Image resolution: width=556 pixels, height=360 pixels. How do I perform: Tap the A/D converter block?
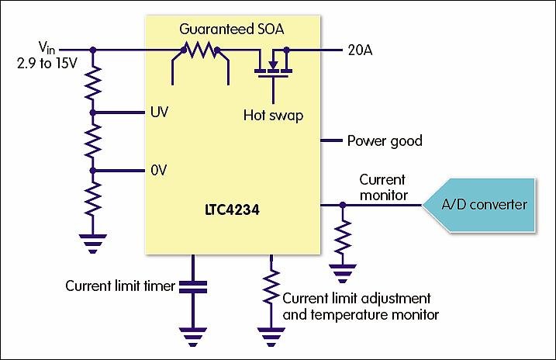[x=484, y=205]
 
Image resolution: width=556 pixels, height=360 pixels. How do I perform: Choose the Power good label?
[x=384, y=141]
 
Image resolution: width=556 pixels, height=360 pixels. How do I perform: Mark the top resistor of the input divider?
[x=93, y=81]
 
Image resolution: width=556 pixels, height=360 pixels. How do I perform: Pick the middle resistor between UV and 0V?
[x=93, y=141]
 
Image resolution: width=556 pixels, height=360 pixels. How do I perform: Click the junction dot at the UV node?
[x=93, y=112]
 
